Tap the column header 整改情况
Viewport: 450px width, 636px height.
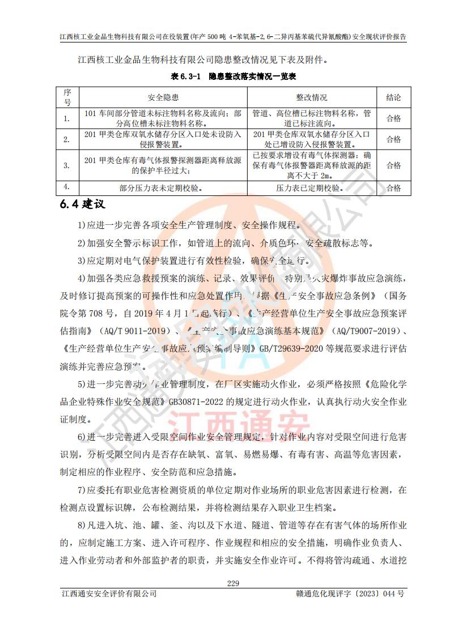pos(312,97)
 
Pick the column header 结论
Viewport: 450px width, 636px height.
pos(393,97)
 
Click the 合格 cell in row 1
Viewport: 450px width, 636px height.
pos(393,118)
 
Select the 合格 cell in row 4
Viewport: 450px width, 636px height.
pos(393,188)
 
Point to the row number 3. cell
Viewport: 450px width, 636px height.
pos(67,165)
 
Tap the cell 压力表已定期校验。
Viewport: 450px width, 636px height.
pos(312,188)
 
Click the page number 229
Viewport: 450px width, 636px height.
pos(233,583)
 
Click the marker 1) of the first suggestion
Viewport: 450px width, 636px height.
pos(82,225)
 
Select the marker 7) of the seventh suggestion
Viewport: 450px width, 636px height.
pos(82,489)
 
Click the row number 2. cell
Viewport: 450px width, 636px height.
pos(67,139)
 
